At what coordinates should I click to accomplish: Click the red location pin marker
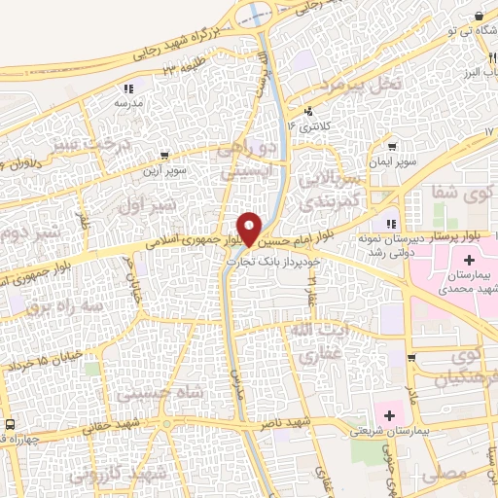[250, 228]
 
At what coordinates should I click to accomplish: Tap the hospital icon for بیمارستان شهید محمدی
[471, 261]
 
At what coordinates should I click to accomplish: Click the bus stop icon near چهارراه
[10, 425]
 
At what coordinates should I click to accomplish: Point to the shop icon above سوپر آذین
[165, 154]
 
